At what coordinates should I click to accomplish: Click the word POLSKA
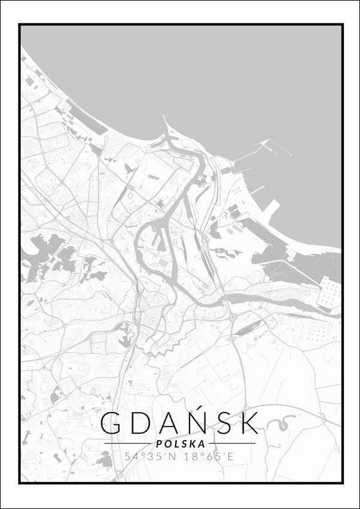[x=179, y=444]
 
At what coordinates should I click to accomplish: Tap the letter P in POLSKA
[x=157, y=444]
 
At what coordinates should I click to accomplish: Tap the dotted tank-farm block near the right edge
[x=330, y=292]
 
